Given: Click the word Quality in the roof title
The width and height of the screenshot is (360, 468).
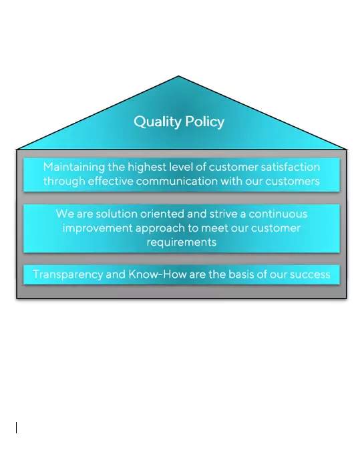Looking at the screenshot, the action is pos(158,122).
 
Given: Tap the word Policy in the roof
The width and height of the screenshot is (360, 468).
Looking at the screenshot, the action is pos(204,122).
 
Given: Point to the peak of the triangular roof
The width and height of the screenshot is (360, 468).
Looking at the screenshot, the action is pos(178,76).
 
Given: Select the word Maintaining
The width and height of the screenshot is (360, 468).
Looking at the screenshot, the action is pos(74,167).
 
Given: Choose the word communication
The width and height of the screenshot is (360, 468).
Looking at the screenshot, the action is pos(177,181).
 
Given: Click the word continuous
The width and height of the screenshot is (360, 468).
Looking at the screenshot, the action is pos(278,214).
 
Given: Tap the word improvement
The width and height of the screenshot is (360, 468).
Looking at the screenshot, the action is pos(98,228).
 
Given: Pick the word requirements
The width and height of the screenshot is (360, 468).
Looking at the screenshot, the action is pos(182,242).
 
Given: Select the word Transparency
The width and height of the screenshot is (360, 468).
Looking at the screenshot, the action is pos(67,274).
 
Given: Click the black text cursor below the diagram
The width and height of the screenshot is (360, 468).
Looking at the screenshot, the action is pos(17,427).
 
